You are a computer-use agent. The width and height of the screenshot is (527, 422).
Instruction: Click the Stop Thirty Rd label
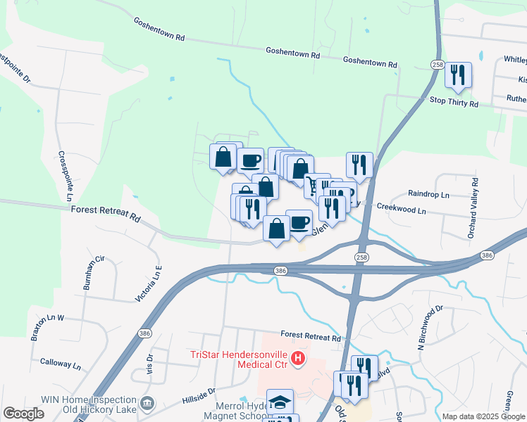click(454, 103)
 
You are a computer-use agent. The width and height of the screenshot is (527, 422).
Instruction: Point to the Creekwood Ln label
click(402, 210)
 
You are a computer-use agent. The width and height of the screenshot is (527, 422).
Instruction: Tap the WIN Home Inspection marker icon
click(148, 403)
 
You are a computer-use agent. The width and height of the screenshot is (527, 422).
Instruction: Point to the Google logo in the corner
click(23, 413)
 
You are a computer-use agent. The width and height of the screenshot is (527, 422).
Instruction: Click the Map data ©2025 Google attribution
click(483, 416)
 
